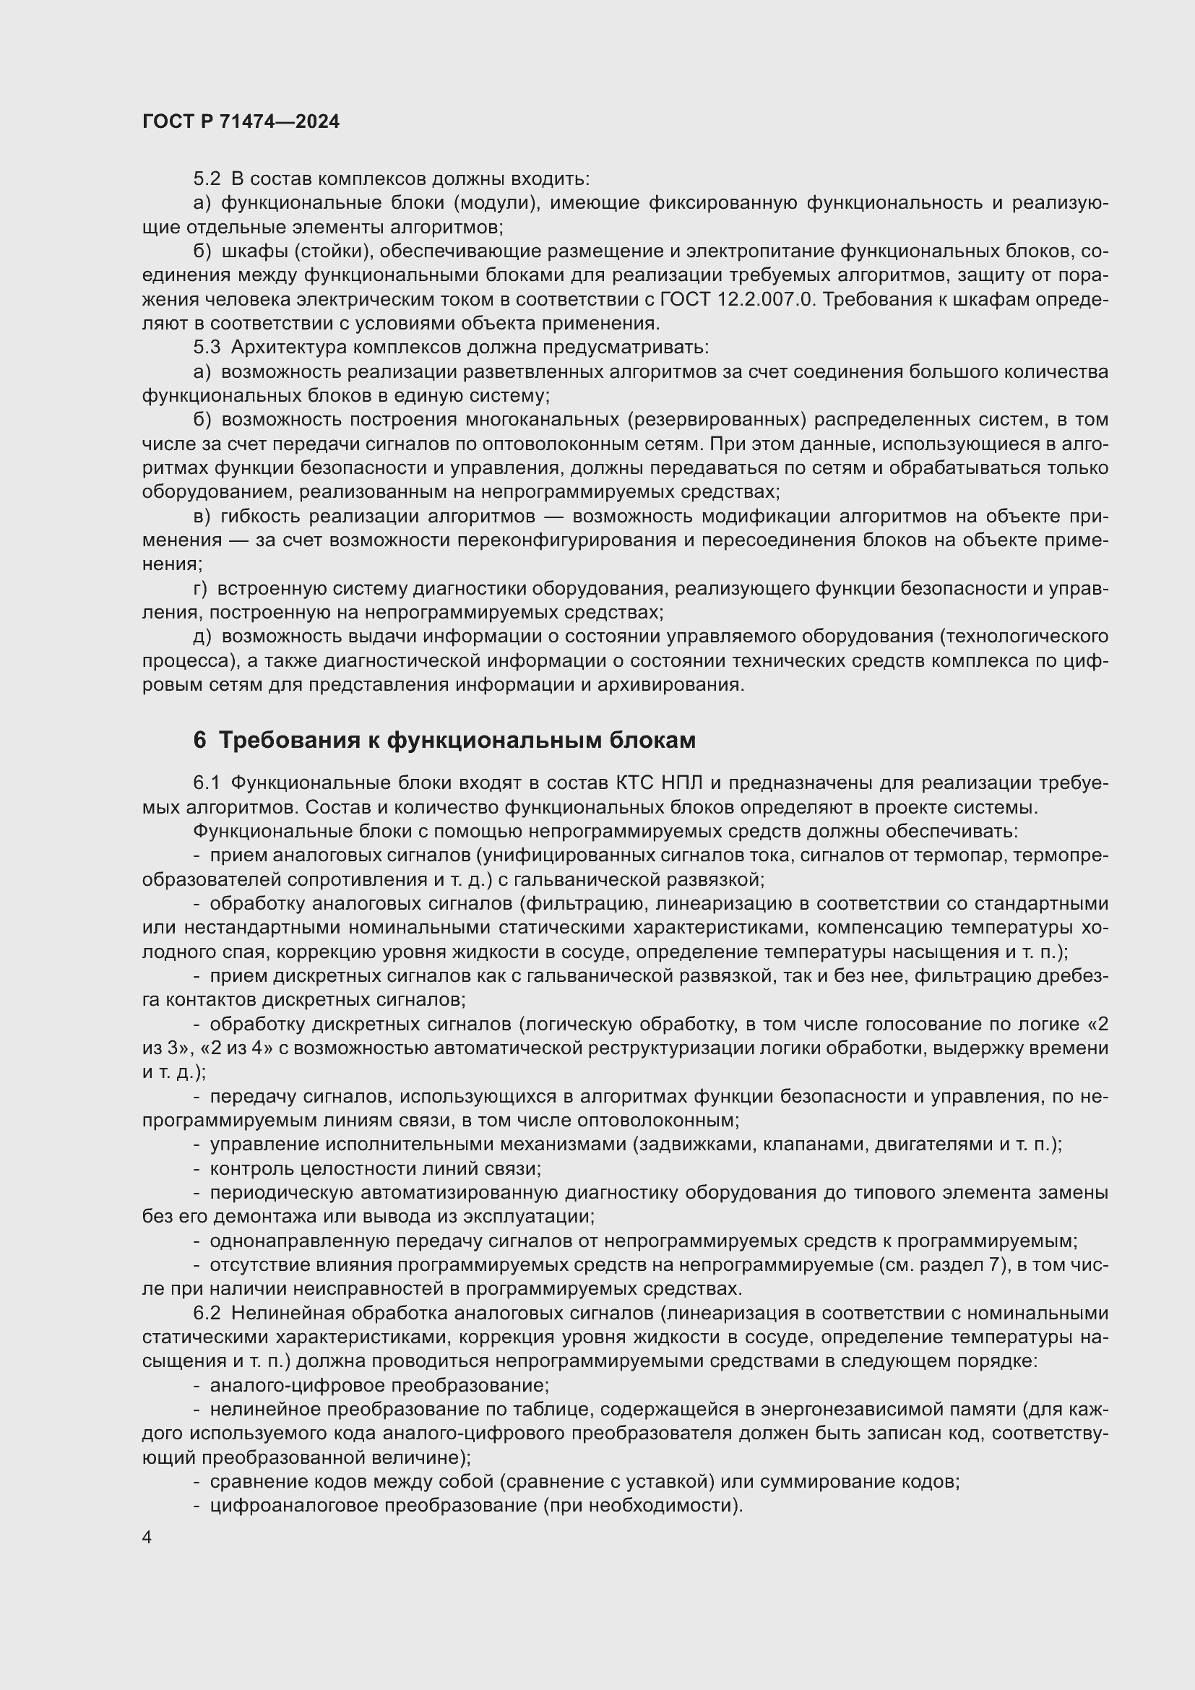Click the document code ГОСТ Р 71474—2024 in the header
tap(241, 122)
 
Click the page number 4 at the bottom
tap(147, 1538)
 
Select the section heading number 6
tap(199, 740)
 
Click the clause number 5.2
tap(207, 179)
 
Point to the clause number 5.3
tap(207, 348)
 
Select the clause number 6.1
tap(206, 783)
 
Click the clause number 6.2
tap(207, 1313)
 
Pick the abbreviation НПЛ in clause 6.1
tap(683, 783)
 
